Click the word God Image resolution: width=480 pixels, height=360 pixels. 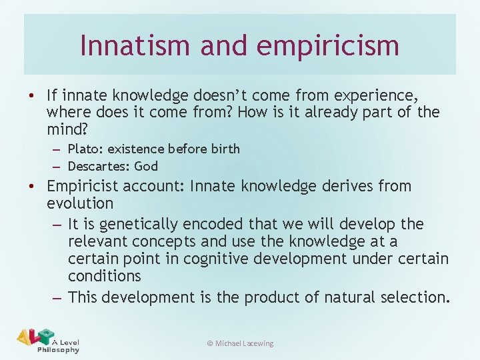[145, 166]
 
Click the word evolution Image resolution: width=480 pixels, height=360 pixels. [80, 203]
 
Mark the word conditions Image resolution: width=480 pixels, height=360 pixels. [104, 276]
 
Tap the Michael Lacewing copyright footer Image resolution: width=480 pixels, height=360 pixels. [240, 343]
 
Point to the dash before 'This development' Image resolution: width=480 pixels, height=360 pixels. [57, 297]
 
